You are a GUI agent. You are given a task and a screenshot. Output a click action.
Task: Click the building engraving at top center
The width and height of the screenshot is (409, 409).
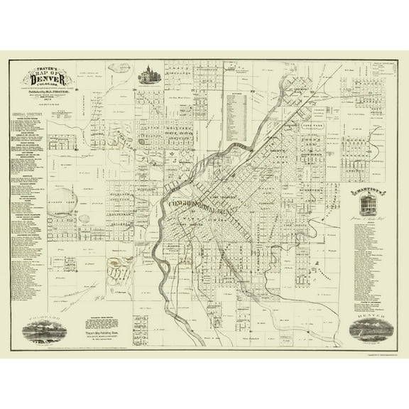pyautogui.click(x=148, y=74)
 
